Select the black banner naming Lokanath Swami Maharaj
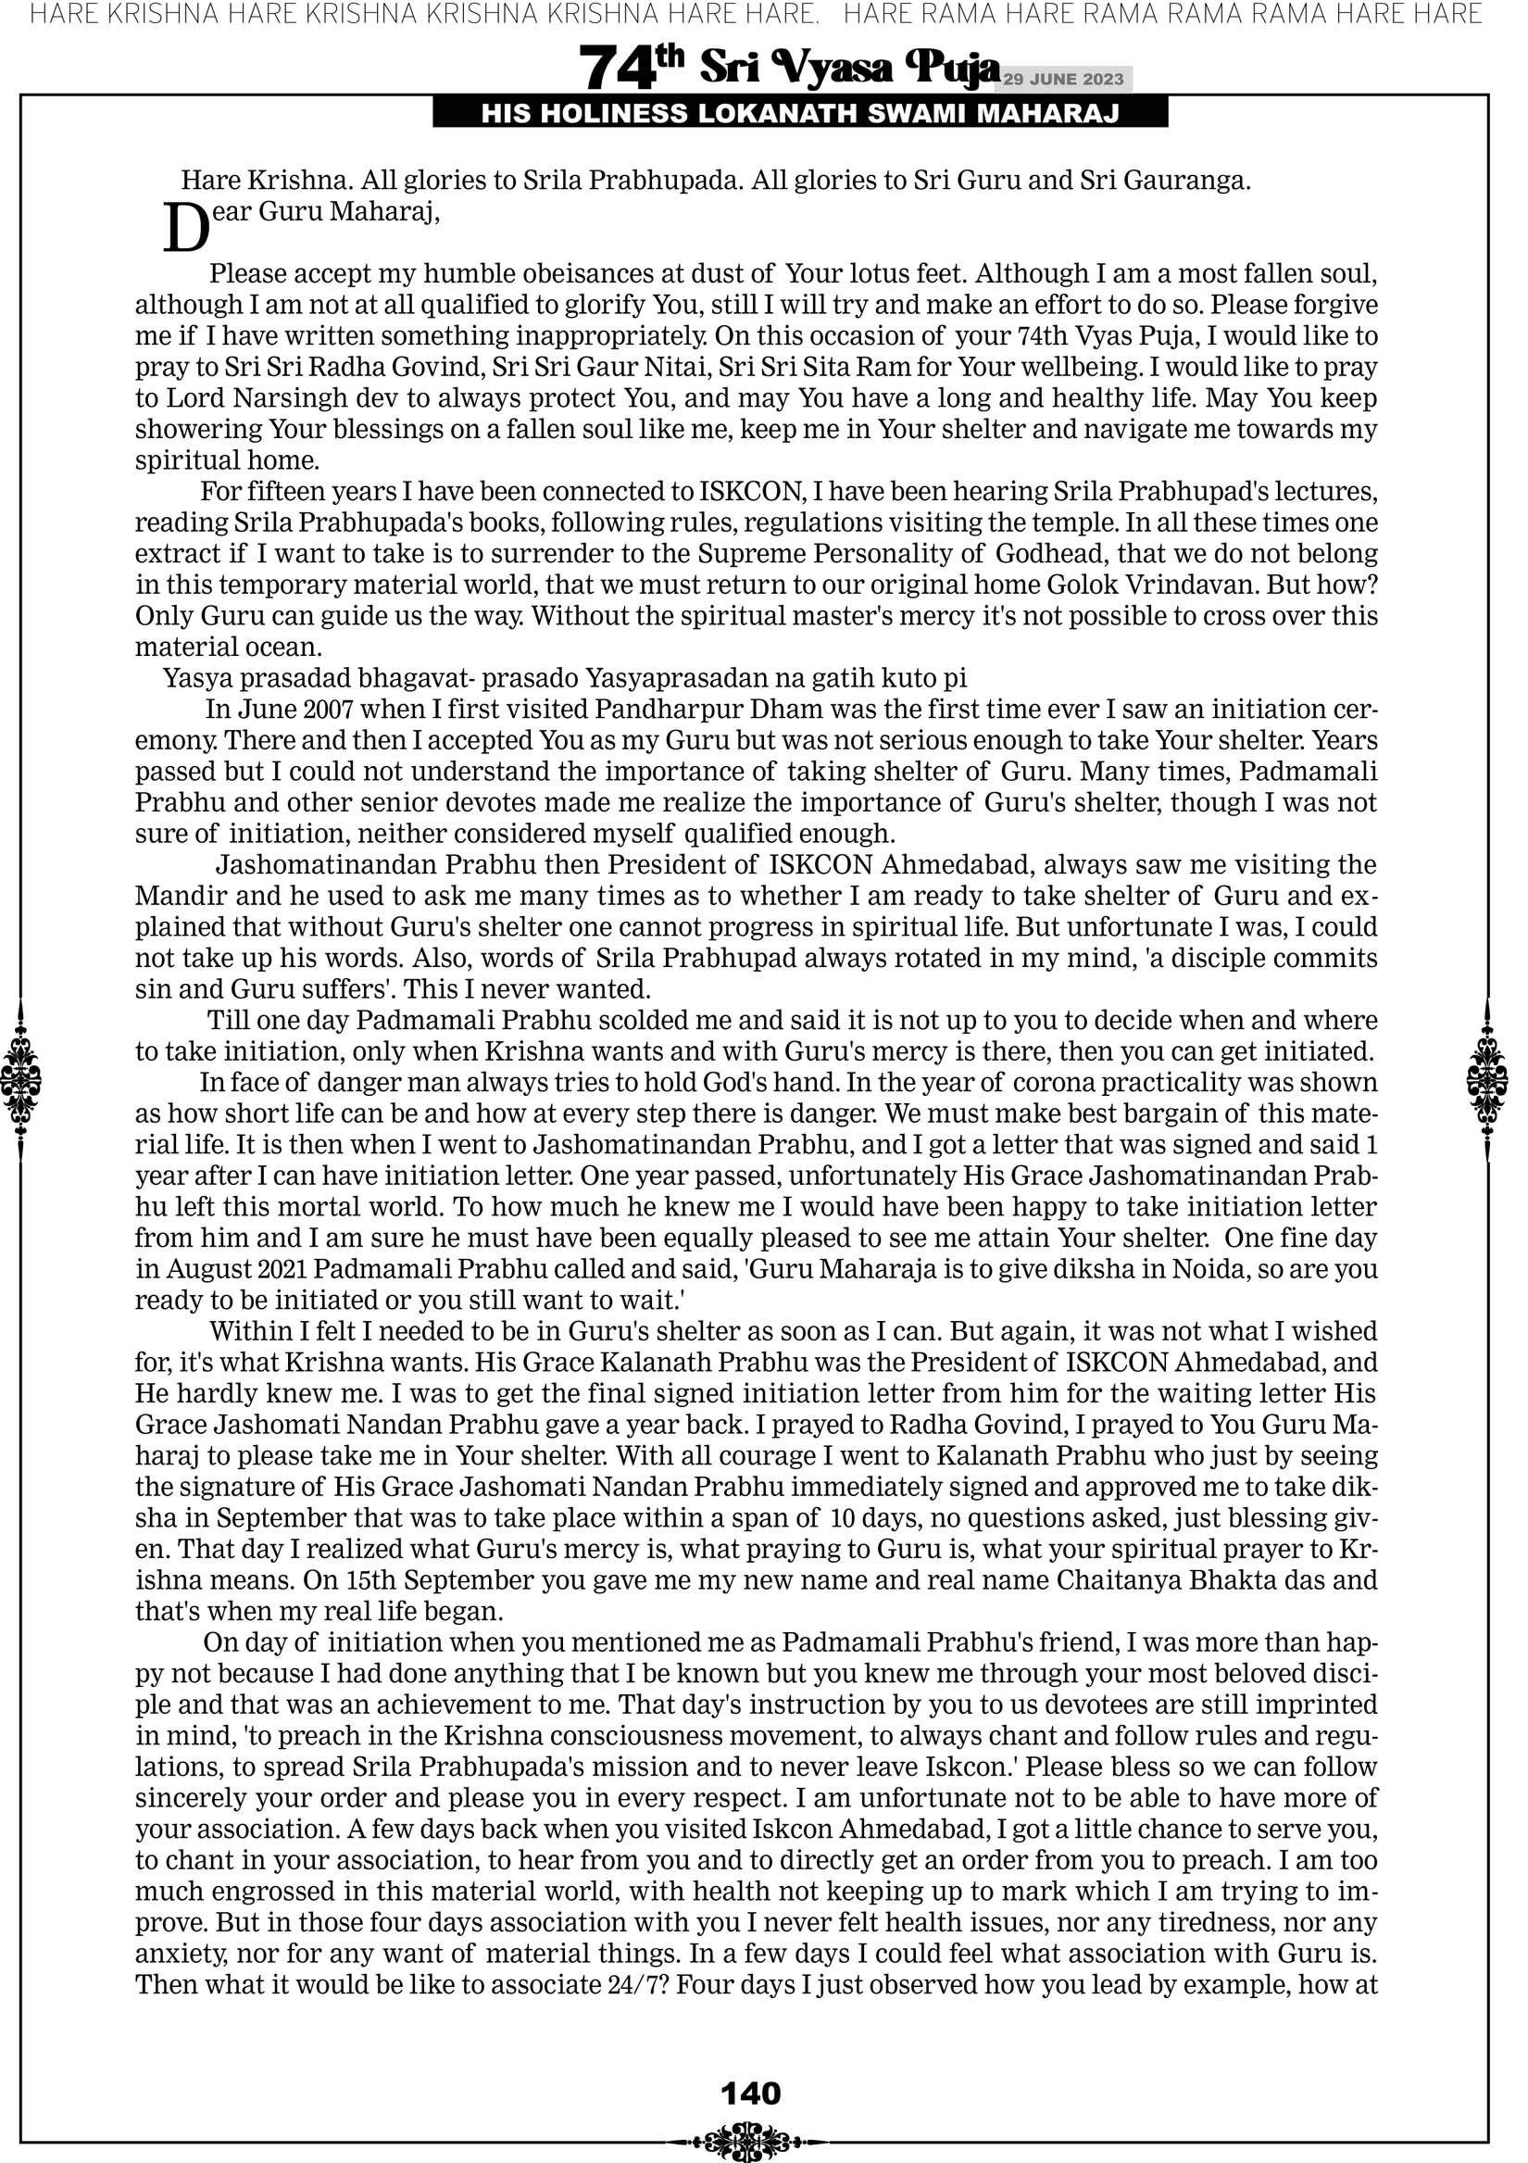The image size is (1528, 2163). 800,114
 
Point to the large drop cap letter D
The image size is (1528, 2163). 185,229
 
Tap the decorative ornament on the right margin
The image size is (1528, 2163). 1487,1079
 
